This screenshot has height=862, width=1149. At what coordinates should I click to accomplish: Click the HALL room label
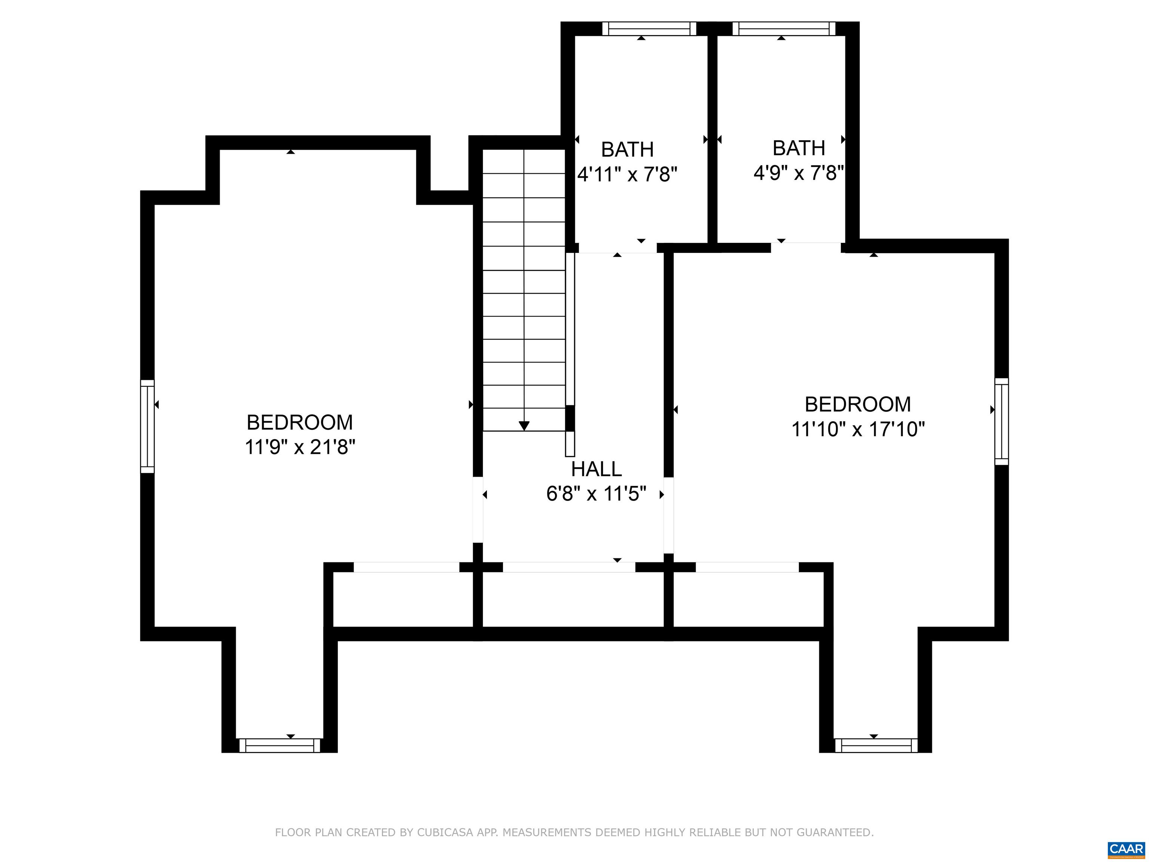click(x=596, y=469)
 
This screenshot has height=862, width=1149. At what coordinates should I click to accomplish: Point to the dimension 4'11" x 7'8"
click(x=628, y=175)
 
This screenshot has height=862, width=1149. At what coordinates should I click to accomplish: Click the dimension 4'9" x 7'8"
click(x=799, y=172)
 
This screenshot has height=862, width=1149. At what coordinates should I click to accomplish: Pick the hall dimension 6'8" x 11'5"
click(x=596, y=493)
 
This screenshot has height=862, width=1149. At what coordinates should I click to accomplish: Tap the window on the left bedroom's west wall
click(x=147, y=427)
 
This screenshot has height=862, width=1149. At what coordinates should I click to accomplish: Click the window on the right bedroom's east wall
click(x=1002, y=421)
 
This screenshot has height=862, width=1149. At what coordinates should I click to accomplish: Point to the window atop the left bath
click(x=649, y=28)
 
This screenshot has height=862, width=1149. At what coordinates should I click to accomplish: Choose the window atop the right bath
click(x=784, y=28)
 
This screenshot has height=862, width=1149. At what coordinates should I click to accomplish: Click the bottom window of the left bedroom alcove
click(x=280, y=746)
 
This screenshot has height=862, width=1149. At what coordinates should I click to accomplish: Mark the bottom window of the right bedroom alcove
click(x=876, y=746)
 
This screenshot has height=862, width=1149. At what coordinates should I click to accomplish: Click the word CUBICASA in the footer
click(x=445, y=832)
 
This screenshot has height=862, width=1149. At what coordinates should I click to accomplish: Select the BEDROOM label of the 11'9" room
click(x=300, y=422)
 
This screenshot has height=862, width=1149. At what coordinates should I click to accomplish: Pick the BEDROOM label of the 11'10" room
click(x=858, y=404)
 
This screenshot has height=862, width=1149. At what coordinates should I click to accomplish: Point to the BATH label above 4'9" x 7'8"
click(x=799, y=148)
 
